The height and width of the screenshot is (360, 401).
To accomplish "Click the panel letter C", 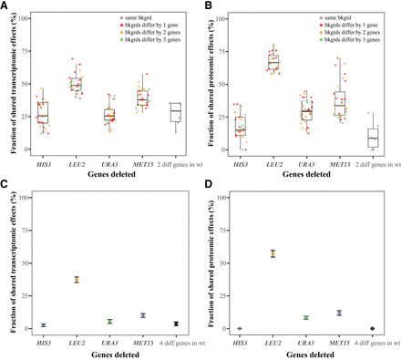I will coord(5,188).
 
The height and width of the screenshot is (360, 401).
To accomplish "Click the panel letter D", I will coord(208,188).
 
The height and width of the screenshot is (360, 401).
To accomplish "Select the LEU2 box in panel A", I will coord(77,85).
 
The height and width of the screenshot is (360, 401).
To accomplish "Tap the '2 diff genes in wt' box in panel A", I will coord(175,112).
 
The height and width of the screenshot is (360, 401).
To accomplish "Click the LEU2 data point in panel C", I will coord(77,279).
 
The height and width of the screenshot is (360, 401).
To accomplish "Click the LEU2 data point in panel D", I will coord(273,253).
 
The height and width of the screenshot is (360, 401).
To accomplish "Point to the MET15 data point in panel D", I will coord(339,313).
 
